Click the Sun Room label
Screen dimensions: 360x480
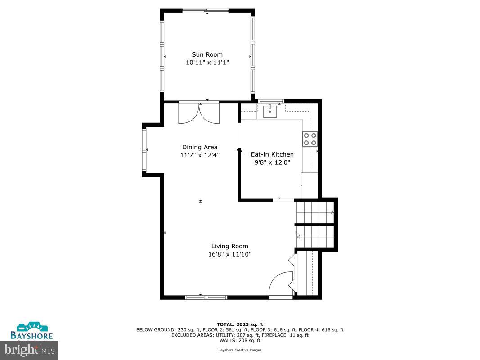(207, 54)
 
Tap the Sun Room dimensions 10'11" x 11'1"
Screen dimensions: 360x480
(207, 63)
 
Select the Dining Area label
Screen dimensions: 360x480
(200, 147)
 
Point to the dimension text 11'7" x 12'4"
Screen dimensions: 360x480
(200, 155)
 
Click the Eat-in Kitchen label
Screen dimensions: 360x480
(272, 154)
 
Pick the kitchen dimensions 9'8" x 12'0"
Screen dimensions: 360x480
(272, 162)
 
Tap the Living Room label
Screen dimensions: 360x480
(230, 246)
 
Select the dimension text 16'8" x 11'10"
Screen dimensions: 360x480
(230, 254)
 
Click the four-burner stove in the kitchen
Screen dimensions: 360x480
(310, 139)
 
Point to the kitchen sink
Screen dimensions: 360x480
(270, 111)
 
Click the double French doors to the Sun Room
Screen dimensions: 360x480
(199, 113)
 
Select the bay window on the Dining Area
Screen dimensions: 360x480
(144, 149)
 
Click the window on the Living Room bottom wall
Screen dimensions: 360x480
(206, 297)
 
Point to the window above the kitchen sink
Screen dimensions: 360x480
(270, 101)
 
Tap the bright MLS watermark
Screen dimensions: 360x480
(29, 349)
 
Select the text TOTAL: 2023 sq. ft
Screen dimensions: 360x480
(240, 324)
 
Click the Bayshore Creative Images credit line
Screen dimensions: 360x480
(240, 350)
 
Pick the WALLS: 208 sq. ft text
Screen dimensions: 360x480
(240, 340)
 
